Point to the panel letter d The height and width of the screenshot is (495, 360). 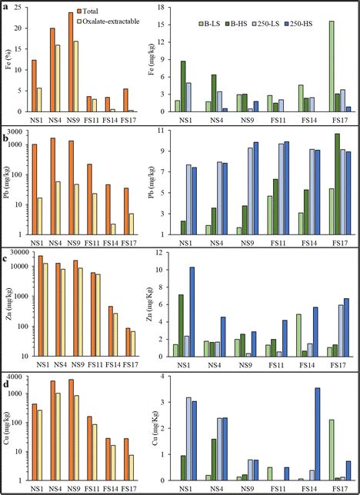7,376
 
